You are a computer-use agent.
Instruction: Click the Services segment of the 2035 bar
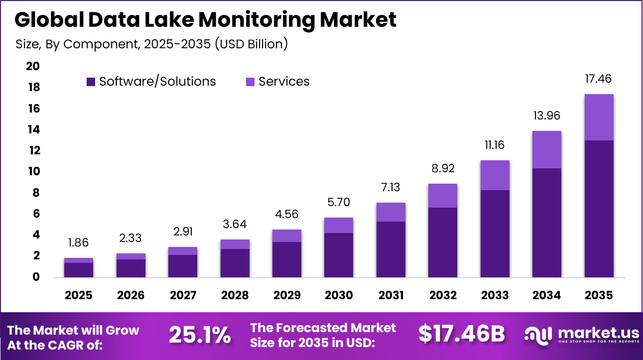click(599, 118)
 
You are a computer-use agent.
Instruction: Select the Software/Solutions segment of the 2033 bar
click(495, 234)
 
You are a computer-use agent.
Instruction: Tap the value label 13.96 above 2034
click(546, 116)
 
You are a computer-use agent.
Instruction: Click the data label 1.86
click(79, 243)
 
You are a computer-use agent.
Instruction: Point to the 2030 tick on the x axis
click(339, 295)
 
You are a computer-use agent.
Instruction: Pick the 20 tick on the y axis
click(32, 66)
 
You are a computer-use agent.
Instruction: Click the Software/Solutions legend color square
click(91, 82)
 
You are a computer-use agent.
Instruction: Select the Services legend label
click(284, 82)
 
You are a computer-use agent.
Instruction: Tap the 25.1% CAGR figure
click(200, 335)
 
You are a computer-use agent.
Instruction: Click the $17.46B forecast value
click(461, 334)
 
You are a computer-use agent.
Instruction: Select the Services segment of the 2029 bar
click(286, 236)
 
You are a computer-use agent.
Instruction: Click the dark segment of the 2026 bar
click(130, 268)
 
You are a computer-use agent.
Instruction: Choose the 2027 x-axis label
click(182, 295)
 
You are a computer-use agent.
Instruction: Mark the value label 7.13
click(390, 188)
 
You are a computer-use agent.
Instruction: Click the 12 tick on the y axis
click(32, 150)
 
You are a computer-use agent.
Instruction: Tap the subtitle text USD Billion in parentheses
click(252, 44)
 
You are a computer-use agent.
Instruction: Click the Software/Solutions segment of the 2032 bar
click(443, 242)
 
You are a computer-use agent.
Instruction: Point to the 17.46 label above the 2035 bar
click(599, 79)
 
